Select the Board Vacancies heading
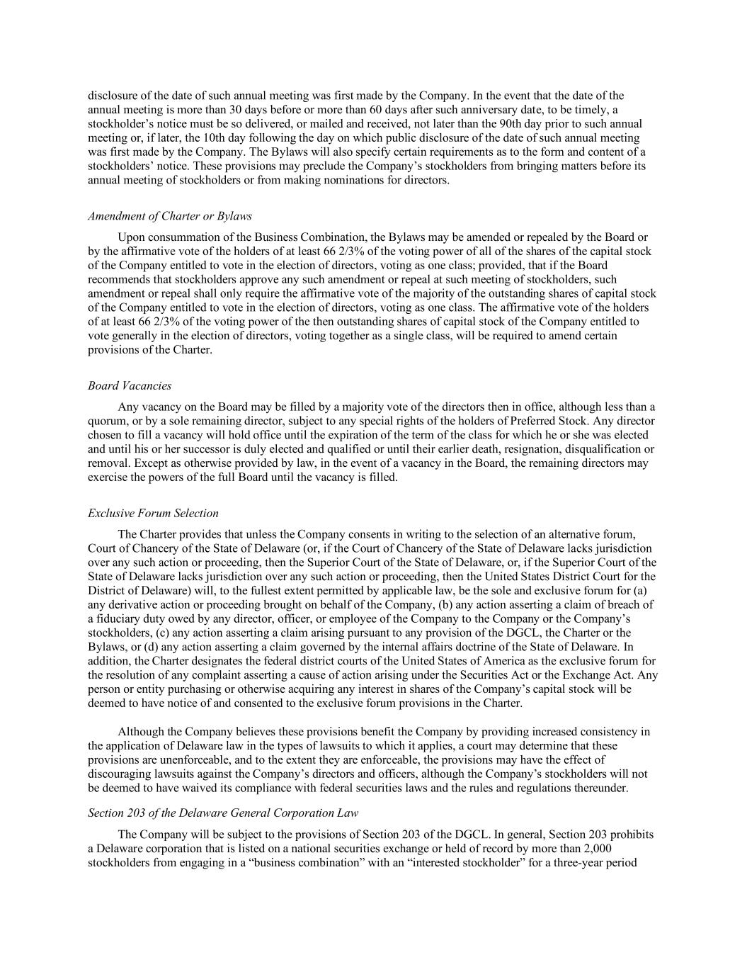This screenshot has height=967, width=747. pyautogui.click(x=130, y=386)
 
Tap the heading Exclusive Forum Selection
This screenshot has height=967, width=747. pyautogui.click(x=153, y=513)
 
